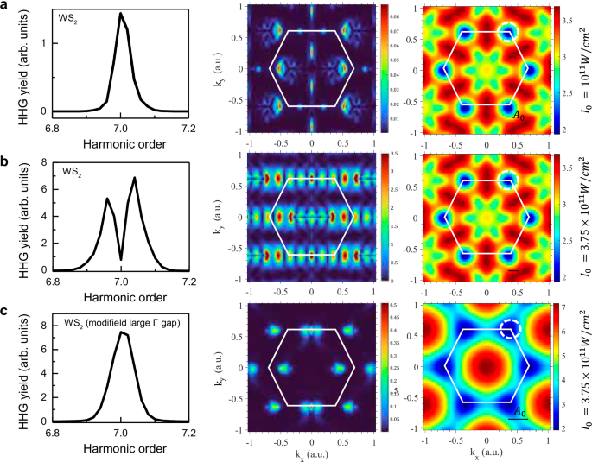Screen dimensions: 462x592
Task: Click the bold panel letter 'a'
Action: point(7,8)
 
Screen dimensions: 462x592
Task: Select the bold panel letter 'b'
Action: point(7,161)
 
